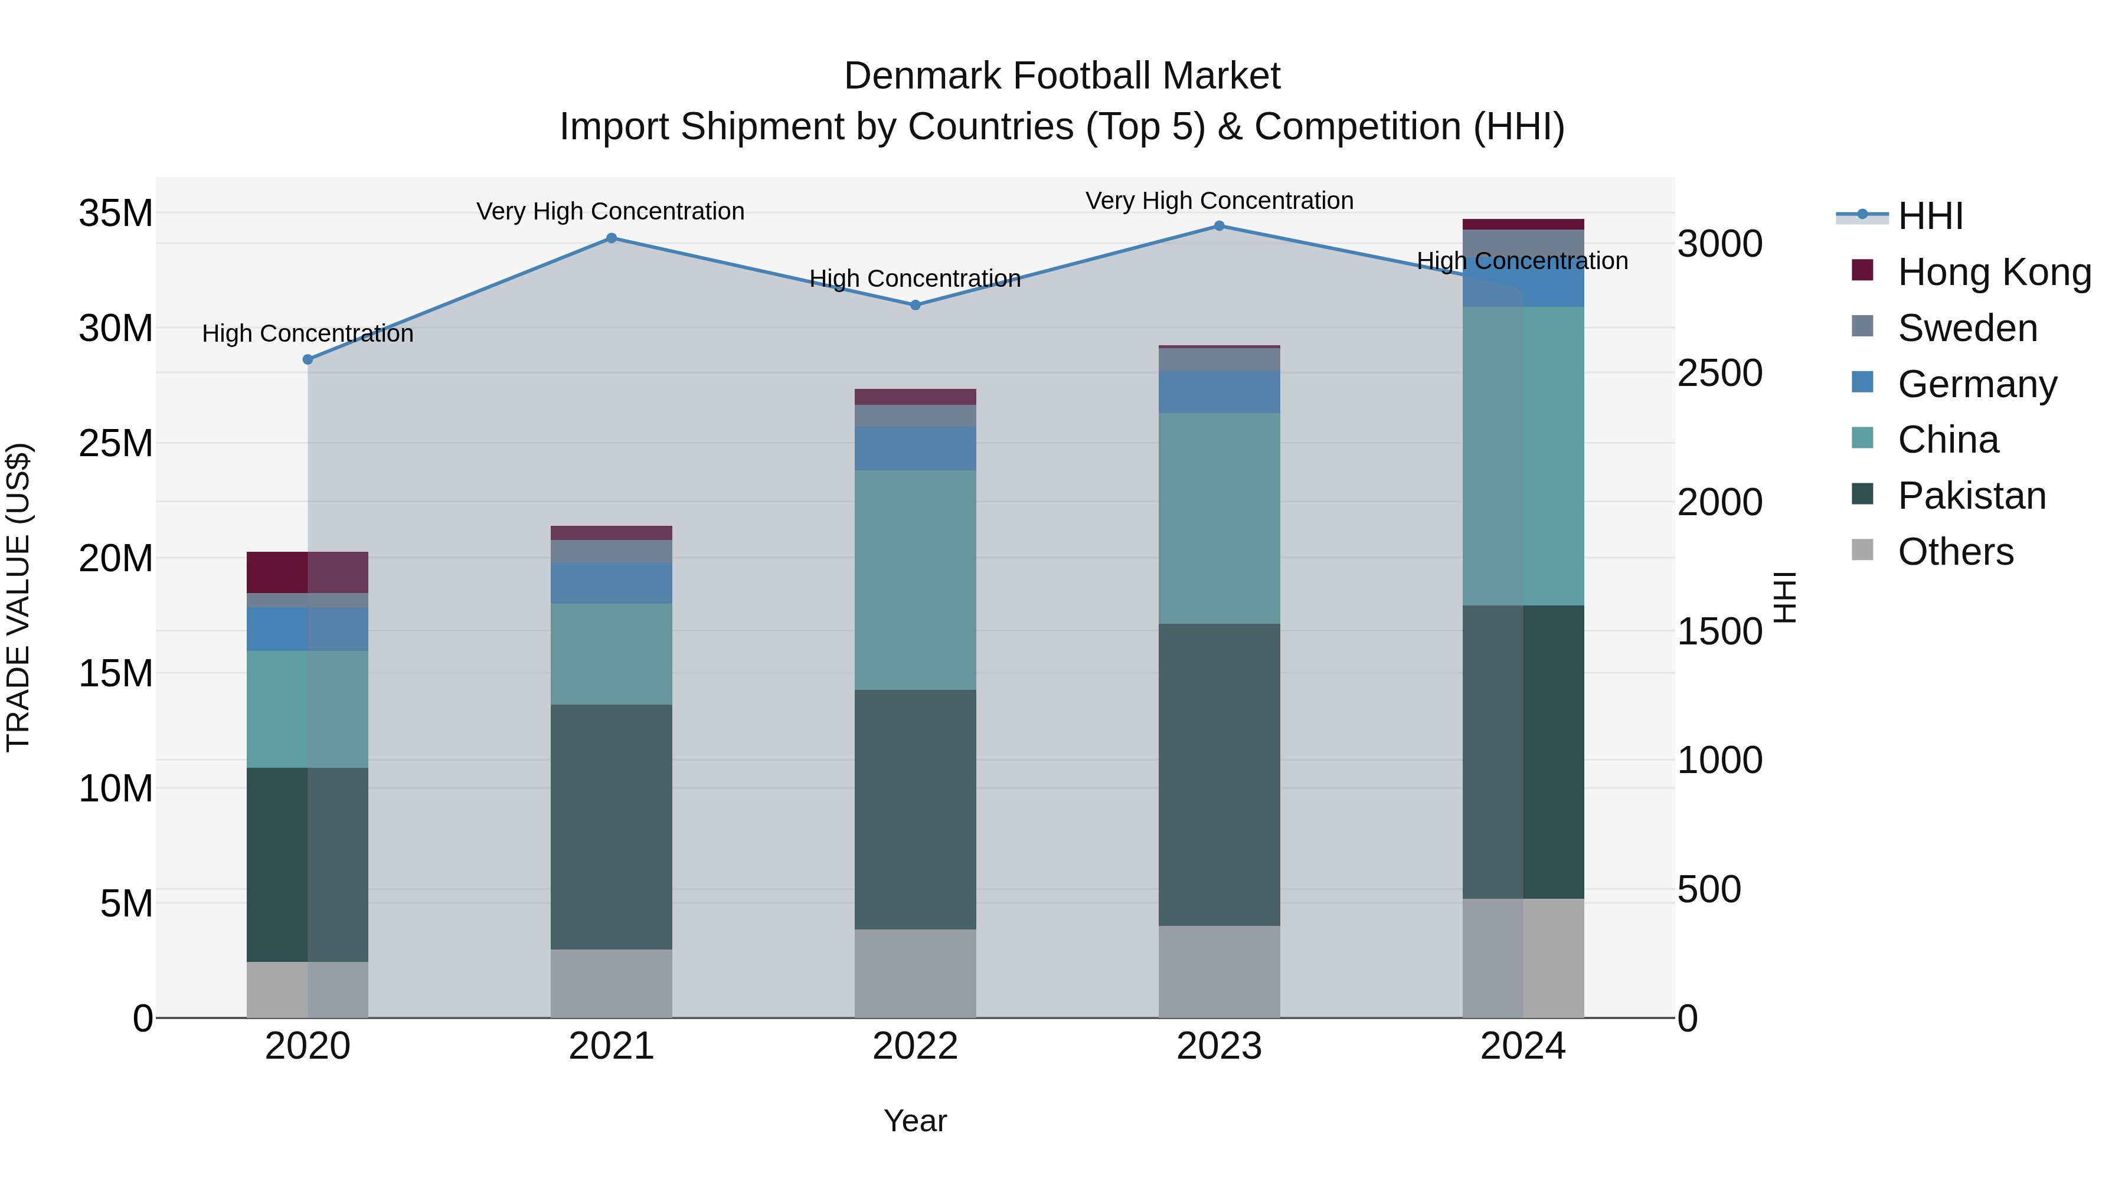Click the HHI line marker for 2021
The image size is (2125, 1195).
coord(612,238)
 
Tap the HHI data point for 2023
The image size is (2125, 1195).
coord(1220,226)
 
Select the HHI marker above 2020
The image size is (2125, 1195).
coord(308,359)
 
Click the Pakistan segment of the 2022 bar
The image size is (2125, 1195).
coord(915,809)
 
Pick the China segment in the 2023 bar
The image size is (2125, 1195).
coord(1220,518)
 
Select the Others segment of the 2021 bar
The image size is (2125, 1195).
coord(612,983)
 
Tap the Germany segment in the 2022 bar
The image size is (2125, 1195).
coord(915,448)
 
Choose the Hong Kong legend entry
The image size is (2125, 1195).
coord(1994,272)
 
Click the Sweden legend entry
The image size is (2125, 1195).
coord(1967,328)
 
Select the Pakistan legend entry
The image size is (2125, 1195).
coord(1972,496)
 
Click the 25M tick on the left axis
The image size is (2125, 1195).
coord(116,444)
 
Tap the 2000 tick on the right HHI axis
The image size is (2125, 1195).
coord(1720,502)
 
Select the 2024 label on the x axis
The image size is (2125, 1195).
coord(1523,1046)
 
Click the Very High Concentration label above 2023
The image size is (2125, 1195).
coord(1220,201)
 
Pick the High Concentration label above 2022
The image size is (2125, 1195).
coord(915,279)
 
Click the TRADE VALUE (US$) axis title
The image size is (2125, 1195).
coord(18,597)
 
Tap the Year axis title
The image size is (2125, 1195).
coord(915,1121)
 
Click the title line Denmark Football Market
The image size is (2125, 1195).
coord(1062,76)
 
